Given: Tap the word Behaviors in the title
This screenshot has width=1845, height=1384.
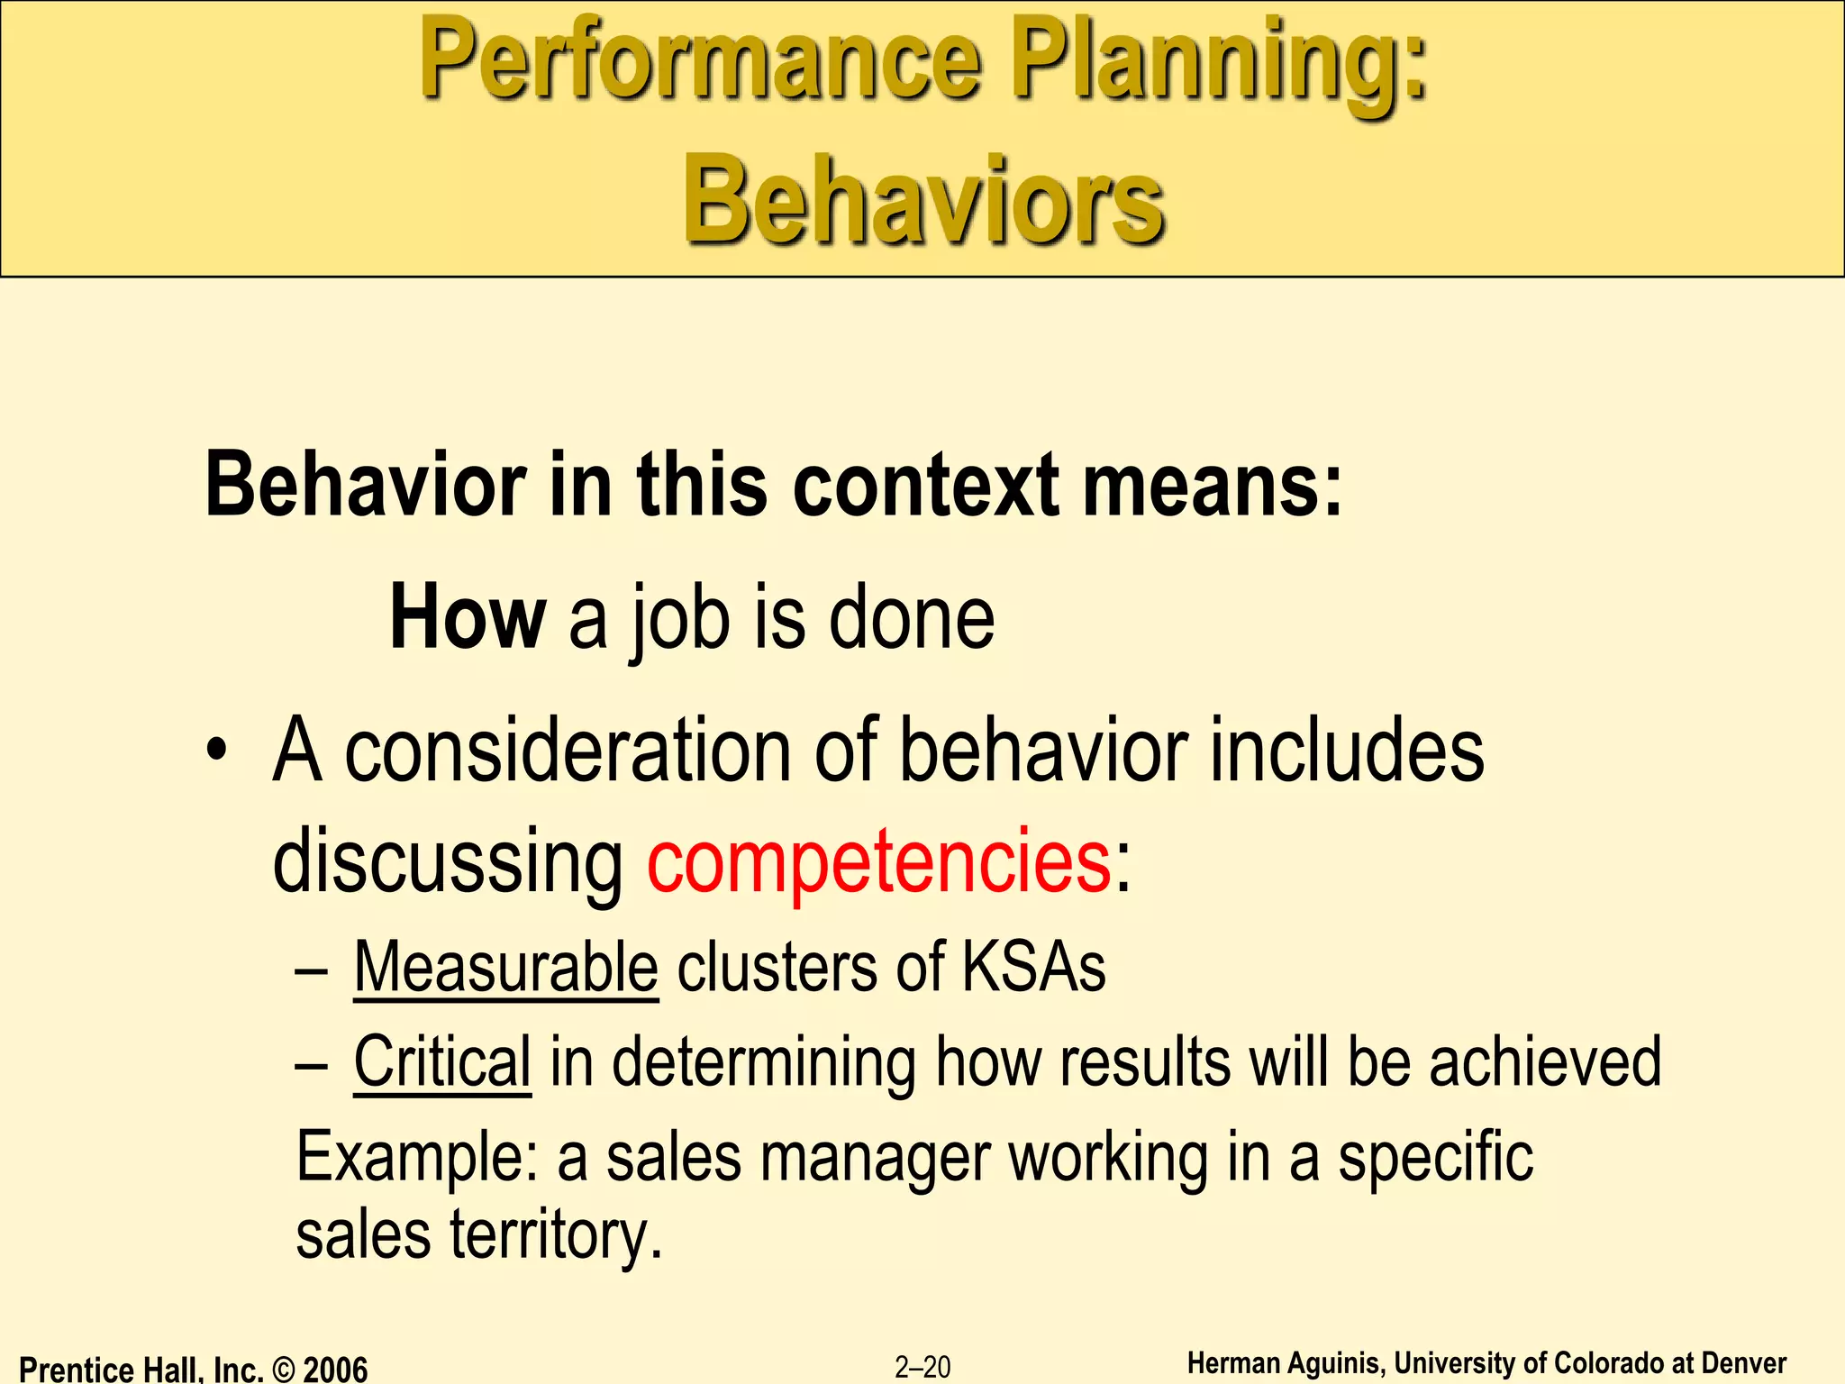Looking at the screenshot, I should pos(923,200).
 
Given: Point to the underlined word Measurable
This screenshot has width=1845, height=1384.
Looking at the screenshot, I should pos(505,967).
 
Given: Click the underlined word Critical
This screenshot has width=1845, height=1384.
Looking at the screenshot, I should pos(442,1061).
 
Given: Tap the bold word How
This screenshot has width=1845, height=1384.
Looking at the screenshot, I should pos(467,618).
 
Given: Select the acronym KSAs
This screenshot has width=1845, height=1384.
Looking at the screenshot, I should pos(1033,967).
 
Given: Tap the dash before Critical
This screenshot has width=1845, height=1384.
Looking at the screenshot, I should pos(310,1067).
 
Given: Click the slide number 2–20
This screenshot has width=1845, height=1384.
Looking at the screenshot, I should pos(922,1367).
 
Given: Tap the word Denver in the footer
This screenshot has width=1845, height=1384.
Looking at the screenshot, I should pos(1744,1363).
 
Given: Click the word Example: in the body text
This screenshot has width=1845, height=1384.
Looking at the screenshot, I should pos(417,1158).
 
